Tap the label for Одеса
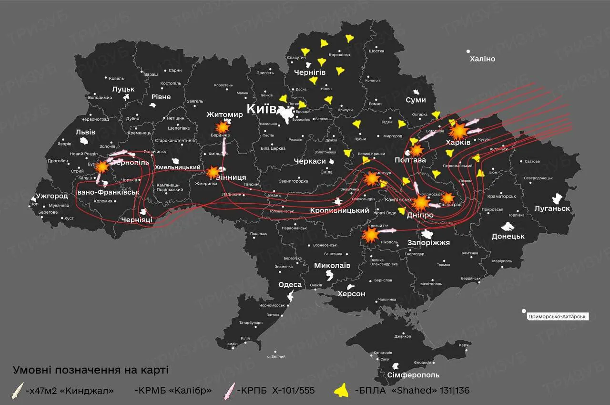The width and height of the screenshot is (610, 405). click(x=290, y=285)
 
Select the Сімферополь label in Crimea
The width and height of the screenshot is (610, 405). click(x=413, y=375)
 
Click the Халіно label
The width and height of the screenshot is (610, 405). click(x=482, y=59)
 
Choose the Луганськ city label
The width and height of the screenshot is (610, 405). click(x=552, y=208)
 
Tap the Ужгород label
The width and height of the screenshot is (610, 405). click(x=52, y=196)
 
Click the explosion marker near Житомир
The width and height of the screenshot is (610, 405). click(x=222, y=127)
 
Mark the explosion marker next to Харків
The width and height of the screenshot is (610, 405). click(x=458, y=130)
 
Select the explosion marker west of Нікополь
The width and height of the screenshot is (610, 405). click(x=370, y=235)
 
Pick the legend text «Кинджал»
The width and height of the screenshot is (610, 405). click(x=70, y=391)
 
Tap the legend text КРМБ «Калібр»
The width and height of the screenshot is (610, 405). click(x=173, y=391)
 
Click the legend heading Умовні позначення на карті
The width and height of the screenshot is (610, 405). click(x=90, y=370)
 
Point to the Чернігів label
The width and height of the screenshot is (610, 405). click(x=309, y=72)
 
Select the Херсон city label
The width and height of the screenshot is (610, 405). click(x=351, y=294)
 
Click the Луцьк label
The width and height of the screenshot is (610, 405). click(x=123, y=89)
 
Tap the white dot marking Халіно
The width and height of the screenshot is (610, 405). click(x=468, y=51)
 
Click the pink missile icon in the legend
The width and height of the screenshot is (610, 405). click(x=231, y=391)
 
